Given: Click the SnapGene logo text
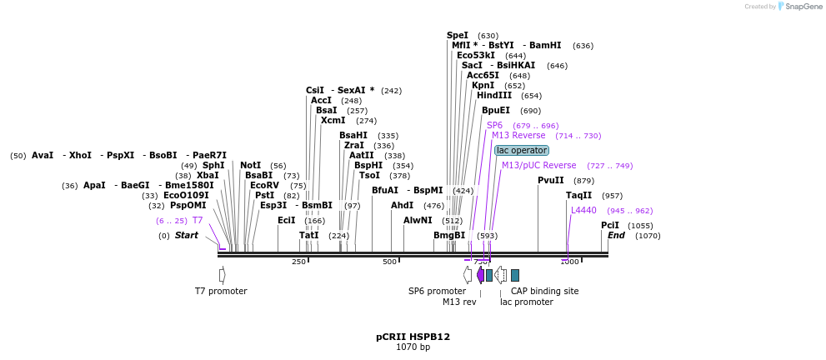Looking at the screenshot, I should [x=800, y=7].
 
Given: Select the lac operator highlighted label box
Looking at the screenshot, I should [x=522, y=150].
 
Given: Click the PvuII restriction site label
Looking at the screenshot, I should [x=550, y=180].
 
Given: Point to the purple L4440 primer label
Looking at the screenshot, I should [x=583, y=210].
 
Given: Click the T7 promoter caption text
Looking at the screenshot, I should [x=221, y=291].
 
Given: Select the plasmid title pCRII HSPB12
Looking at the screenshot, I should [x=413, y=337].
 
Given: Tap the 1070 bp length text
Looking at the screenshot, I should [x=413, y=347].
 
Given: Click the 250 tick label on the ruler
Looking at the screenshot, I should [x=298, y=262].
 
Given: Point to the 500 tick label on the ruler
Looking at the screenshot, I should [x=389, y=262].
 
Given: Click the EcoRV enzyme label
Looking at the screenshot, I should [x=266, y=185].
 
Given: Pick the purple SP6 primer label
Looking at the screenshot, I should [x=494, y=125].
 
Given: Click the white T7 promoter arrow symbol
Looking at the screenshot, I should [x=222, y=274].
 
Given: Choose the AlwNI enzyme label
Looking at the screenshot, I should [x=418, y=220].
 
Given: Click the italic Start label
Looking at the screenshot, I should [x=186, y=235].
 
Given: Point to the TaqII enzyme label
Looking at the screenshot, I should [x=578, y=195].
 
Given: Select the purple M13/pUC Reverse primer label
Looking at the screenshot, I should [x=538, y=165].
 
